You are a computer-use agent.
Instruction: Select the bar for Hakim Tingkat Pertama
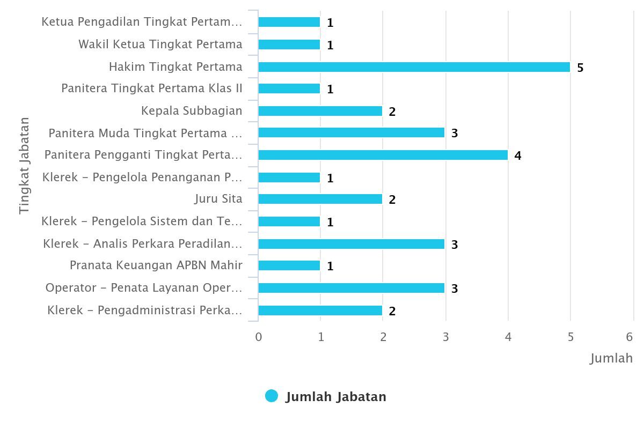point(414,67)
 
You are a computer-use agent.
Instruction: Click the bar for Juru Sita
point(320,199)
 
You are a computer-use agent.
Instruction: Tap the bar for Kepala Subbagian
point(320,111)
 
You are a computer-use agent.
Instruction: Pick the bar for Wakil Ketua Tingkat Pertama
point(289,45)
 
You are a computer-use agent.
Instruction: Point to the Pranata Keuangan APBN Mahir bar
point(289,265)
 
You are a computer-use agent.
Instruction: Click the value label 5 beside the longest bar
point(580,68)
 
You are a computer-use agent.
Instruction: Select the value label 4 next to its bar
point(518,156)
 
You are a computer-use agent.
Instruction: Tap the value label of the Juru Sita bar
point(392,200)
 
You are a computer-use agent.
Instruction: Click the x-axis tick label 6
point(630,337)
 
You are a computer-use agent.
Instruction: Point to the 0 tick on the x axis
point(259,337)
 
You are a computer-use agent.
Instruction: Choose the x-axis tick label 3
point(445,337)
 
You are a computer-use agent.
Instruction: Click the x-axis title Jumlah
point(612,358)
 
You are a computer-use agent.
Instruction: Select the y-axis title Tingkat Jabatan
point(24,166)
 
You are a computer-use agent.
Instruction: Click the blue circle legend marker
point(272,396)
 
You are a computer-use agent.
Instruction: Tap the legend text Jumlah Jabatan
point(336,397)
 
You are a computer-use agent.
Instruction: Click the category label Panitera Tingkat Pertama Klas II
point(152,88)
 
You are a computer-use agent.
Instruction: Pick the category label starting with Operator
point(144,288)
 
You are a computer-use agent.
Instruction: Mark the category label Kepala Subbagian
point(192,110)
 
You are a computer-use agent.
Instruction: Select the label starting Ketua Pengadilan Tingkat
point(142,22)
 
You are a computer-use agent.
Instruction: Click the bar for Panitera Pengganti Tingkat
point(383,155)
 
